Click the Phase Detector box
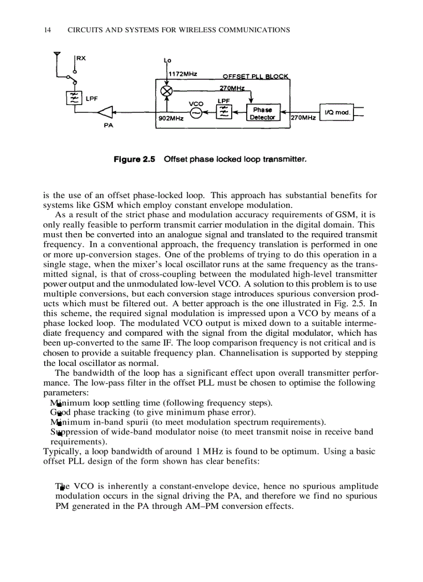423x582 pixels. click(x=262, y=114)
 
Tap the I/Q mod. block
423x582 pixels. click(x=337, y=112)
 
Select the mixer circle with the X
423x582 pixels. click(x=167, y=90)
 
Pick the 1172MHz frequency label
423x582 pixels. click(x=183, y=74)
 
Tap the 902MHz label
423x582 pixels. click(x=171, y=119)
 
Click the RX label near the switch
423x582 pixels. click(x=81, y=58)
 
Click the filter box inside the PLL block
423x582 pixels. click(x=223, y=112)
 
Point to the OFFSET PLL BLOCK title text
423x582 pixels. click(x=256, y=77)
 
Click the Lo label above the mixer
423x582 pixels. click(x=167, y=61)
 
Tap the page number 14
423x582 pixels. click(x=48, y=30)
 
